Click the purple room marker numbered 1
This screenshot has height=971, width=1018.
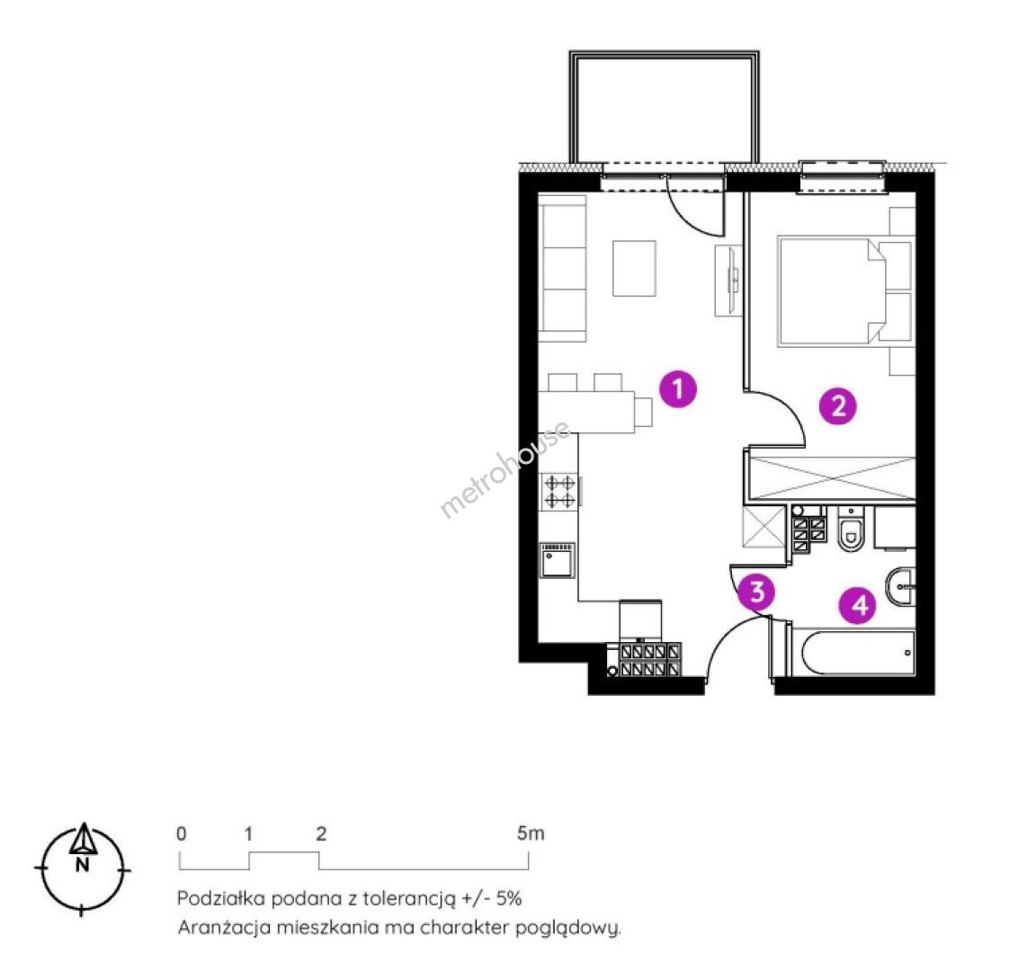pyautogui.click(x=678, y=389)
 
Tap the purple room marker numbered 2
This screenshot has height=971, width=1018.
pyautogui.click(x=838, y=406)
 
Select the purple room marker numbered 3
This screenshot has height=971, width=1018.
pyautogui.click(x=757, y=592)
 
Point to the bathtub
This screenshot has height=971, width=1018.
pyautogui.click(x=858, y=653)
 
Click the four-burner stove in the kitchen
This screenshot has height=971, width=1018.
pyautogui.click(x=559, y=491)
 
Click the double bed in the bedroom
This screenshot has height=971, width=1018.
pyautogui.click(x=833, y=290)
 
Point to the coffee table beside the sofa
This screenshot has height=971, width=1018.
pyautogui.click(x=634, y=268)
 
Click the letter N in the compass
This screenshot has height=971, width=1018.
pyautogui.click(x=83, y=865)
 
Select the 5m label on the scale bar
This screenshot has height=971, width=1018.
pyautogui.click(x=531, y=833)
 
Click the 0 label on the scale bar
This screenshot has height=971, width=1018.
pyautogui.click(x=181, y=833)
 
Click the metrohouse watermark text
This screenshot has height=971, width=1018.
pyautogui.click(x=505, y=469)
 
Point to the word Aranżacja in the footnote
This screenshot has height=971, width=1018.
pyautogui.click(x=224, y=928)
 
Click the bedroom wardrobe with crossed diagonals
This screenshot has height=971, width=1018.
pyautogui.click(x=833, y=478)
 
